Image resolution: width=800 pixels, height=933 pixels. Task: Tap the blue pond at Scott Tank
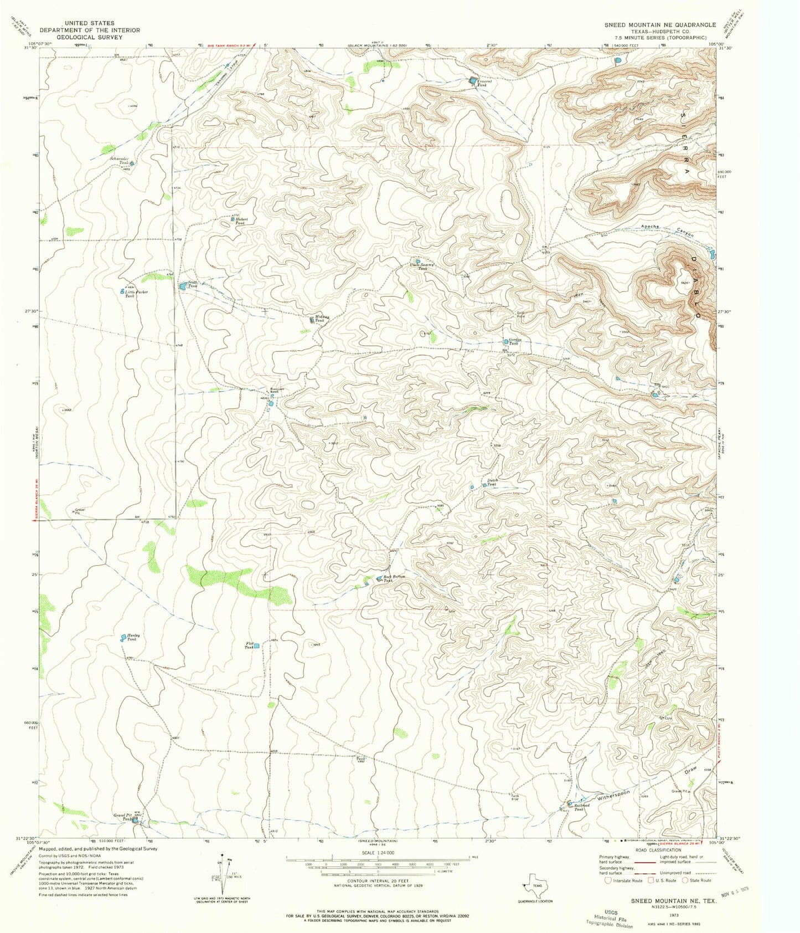click(x=182, y=286)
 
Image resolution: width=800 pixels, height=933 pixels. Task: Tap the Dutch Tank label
click(x=492, y=483)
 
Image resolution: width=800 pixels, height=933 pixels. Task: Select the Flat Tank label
click(x=249, y=645)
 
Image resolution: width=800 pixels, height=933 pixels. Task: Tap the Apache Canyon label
click(x=667, y=231)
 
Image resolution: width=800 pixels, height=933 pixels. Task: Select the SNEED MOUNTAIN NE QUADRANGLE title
click(x=660, y=25)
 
